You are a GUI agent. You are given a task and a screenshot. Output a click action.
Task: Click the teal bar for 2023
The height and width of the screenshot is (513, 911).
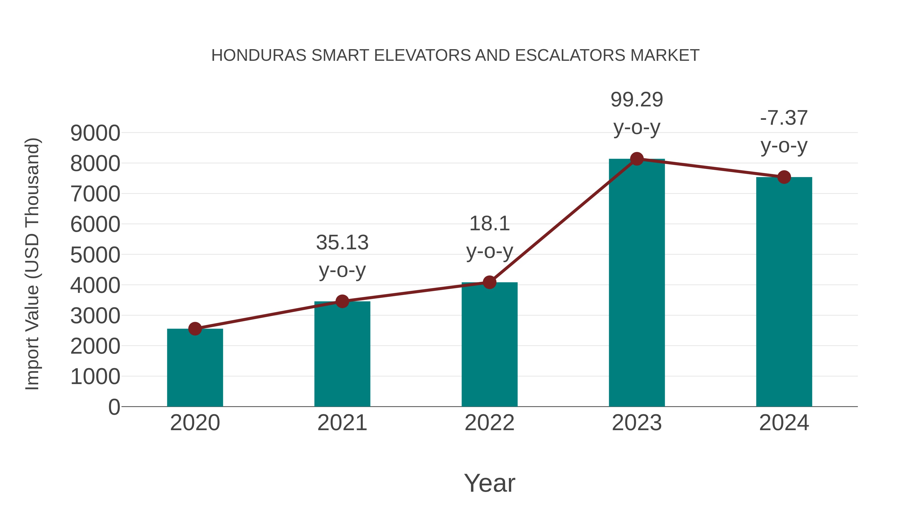pos(637,283)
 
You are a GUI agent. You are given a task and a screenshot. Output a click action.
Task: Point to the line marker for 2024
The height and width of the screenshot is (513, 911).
pos(784,177)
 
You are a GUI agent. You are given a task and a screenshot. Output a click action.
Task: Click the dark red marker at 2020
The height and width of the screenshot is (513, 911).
pos(195,329)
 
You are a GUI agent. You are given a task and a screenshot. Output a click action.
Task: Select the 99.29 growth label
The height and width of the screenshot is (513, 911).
pos(637,100)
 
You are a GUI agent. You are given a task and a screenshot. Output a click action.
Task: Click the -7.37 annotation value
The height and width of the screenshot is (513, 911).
pos(784,118)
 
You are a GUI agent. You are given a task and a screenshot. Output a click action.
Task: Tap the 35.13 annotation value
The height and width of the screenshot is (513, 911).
pos(342,243)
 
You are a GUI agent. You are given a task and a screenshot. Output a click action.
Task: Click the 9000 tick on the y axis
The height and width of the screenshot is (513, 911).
pos(95,134)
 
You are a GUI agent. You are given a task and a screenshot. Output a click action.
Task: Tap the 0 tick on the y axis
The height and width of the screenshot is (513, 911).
pos(114,407)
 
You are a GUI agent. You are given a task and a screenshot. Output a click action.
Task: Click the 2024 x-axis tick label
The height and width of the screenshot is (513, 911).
pos(784,423)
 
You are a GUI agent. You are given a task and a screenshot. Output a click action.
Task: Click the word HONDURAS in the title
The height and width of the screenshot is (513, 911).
pos(259,55)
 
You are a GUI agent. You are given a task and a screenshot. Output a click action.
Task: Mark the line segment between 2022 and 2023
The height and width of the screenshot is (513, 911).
pos(563,221)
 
